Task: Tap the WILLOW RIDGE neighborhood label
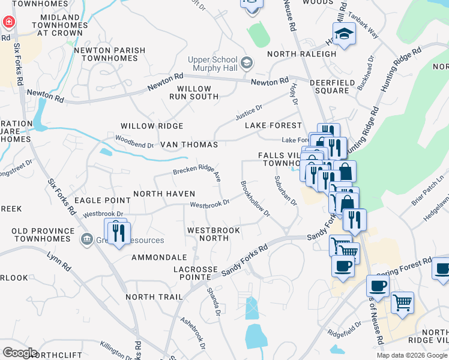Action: click(152, 126)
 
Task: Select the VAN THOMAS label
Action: click(188, 145)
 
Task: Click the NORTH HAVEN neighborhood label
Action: click(164, 193)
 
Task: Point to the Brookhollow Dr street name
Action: click(255, 199)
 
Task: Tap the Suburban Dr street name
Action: click(286, 191)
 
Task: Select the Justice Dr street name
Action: click(249, 111)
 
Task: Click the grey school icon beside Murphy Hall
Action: click(246, 62)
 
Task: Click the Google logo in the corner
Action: click(20, 353)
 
